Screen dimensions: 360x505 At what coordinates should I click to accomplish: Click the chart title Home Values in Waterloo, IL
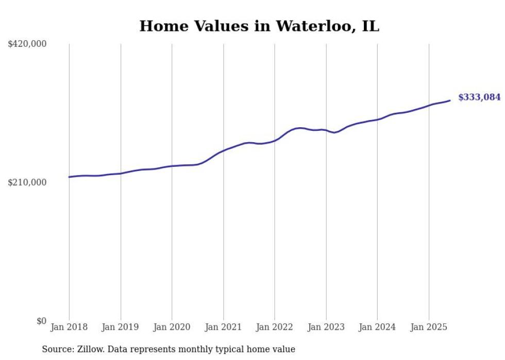point(259,26)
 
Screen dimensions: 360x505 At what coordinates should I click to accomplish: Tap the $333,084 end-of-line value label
point(479,97)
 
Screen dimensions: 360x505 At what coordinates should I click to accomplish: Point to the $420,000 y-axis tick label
point(27,44)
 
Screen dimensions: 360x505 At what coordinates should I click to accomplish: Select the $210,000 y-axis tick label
point(27,182)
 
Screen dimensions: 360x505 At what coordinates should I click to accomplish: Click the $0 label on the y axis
point(41,321)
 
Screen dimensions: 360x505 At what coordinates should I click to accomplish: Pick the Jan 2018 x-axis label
point(69,327)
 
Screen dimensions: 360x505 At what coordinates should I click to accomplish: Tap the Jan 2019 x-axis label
point(121,327)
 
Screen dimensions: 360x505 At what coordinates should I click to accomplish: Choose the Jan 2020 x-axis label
point(172,327)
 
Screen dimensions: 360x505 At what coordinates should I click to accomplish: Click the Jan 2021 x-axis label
point(223,327)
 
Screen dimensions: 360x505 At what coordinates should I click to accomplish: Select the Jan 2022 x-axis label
point(275,327)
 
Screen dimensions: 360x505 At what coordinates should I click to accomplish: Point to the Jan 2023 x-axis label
point(326,327)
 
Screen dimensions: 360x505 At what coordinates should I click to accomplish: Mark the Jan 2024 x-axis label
point(377,327)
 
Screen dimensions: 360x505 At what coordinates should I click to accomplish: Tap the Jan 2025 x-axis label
point(429,327)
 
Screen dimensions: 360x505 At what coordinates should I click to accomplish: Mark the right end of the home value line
point(450,100)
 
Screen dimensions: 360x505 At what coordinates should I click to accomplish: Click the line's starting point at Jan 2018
point(69,177)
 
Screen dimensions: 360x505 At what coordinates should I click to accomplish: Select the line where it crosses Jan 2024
point(377,119)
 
